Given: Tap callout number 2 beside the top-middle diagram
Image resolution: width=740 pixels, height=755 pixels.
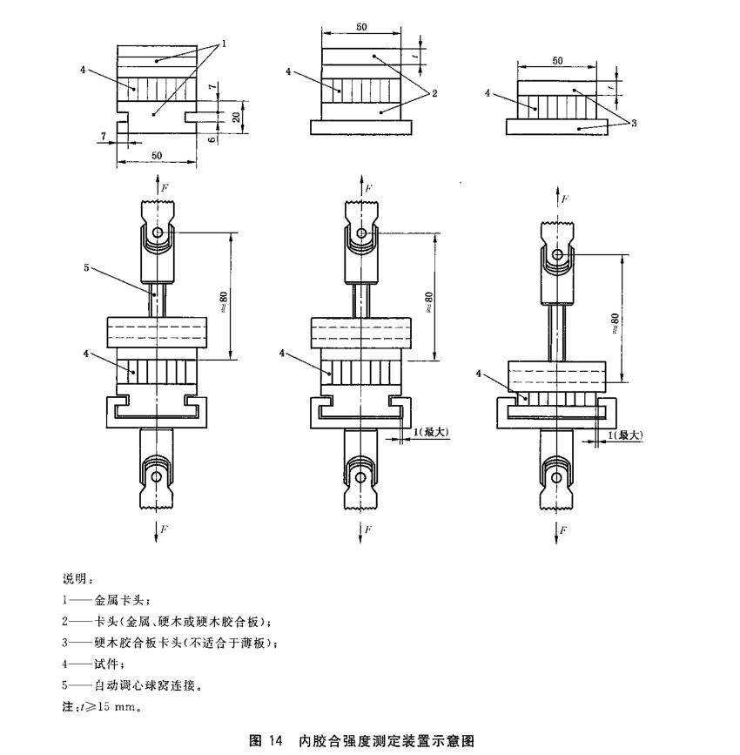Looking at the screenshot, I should [433, 92].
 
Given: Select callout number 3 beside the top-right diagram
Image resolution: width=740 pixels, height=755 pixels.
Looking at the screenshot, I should [635, 124].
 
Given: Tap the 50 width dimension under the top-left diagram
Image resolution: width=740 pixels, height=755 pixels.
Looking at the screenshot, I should [157, 156].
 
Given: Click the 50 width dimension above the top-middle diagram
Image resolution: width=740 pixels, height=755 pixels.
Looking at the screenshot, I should [360, 28].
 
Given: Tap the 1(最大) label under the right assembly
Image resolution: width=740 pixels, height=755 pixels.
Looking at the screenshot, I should [626, 434].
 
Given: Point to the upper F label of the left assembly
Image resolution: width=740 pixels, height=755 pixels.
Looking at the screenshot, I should [164, 185].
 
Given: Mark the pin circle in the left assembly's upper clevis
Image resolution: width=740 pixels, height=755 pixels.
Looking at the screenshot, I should [157, 233].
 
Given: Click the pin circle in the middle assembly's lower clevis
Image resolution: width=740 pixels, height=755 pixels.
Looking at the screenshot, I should [359, 475].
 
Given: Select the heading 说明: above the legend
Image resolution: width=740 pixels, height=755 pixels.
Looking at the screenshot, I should [77, 579].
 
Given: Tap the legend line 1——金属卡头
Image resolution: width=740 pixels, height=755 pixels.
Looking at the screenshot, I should [108, 600].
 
